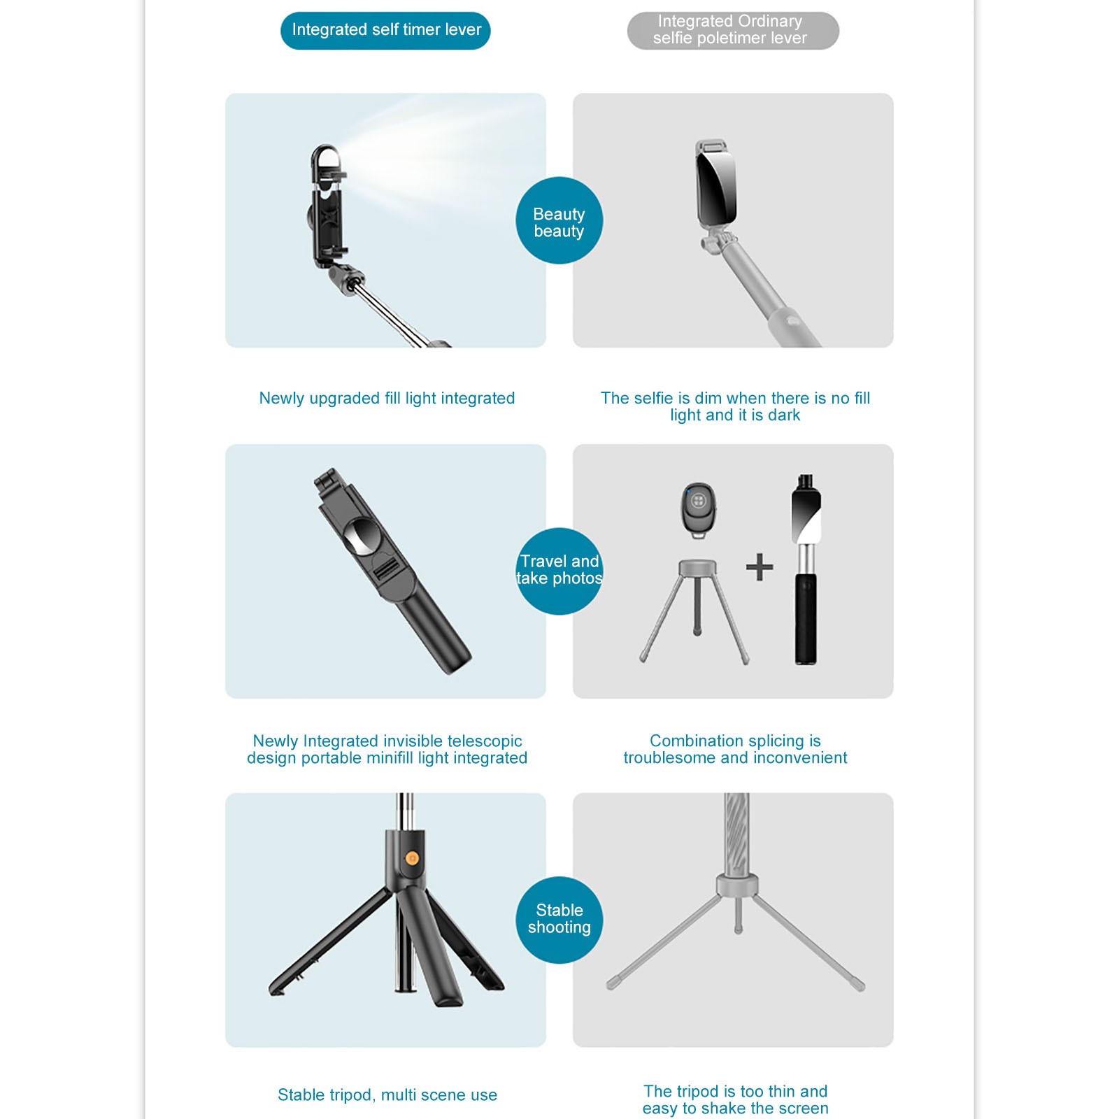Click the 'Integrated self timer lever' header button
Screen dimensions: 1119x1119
(x=385, y=30)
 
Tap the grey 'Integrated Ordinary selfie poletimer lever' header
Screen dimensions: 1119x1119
(x=733, y=30)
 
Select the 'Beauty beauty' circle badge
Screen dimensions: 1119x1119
(x=559, y=220)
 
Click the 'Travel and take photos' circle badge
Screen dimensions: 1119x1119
(x=559, y=571)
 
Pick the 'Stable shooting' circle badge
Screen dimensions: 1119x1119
(x=559, y=920)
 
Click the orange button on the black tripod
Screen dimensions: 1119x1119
(x=412, y=859)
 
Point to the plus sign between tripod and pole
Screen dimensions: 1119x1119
(x=760, y=567)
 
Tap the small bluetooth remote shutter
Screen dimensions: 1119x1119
(x=698, y=510)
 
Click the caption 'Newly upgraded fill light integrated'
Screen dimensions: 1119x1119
(x=387, y=398)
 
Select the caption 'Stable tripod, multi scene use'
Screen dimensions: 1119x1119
(x=387, y=1095)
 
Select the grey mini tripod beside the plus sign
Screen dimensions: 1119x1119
(x=697, y=609)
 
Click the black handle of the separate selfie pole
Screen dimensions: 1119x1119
(x=806, y=618)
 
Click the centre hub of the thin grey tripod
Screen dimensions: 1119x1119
(x=737, y=885)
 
